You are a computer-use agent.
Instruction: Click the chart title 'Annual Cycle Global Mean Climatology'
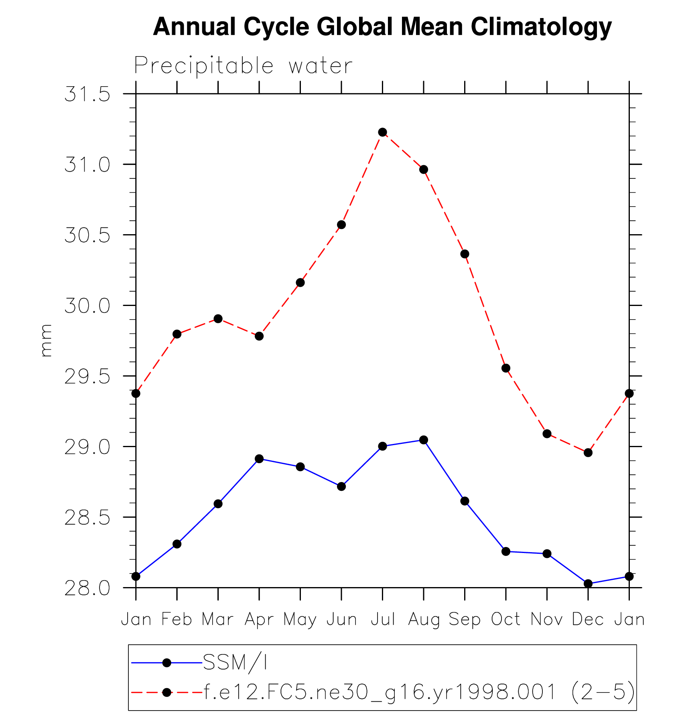382,27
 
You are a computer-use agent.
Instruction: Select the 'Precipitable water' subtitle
243,66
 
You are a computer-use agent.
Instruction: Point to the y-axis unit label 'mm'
46,340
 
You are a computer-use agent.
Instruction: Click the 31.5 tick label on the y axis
87,95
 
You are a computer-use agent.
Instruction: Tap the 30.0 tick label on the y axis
87,306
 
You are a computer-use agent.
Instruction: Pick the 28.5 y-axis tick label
87,518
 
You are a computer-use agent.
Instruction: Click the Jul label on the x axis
383,620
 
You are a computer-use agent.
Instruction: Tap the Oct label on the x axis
505,620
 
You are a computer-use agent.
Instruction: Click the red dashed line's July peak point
383,132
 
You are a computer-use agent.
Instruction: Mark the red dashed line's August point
424,170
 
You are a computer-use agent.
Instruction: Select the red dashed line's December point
588,453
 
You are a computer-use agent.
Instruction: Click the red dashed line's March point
218,319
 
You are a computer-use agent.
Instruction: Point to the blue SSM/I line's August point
424,440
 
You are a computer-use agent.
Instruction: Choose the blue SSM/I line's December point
588,583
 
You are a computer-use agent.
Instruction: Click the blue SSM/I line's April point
259,459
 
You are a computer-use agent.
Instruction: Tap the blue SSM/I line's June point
341,486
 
